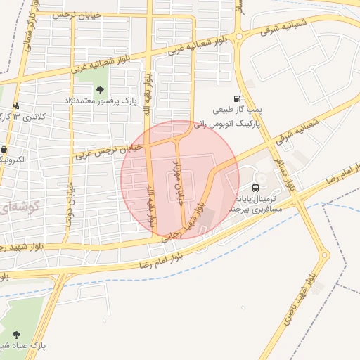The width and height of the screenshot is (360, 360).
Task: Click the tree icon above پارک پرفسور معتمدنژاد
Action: pyautogui.click(x=100, y=90)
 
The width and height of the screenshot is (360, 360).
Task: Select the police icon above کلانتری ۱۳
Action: pyautogui.click(x=16, y=105)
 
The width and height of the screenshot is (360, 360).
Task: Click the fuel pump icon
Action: pyautogui.click(x=237, y=99)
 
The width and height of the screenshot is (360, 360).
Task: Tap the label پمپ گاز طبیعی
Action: pyautogui.click(x=237, y=110)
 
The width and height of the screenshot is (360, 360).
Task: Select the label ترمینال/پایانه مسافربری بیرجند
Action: pyautogui.click(x=256, y=204)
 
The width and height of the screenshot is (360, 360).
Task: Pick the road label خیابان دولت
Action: pyautogui.click(x=70, y=205)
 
